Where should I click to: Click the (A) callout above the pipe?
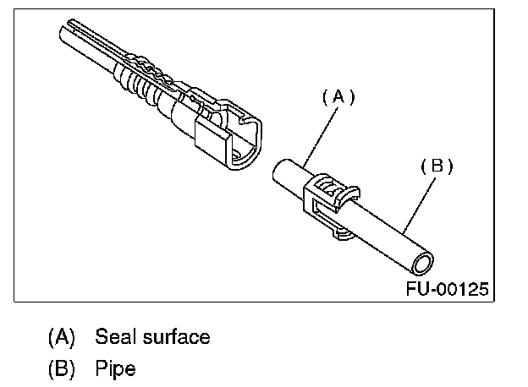[338, 97]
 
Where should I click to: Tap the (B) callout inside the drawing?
[437, 166]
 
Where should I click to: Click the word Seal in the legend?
[115, 337]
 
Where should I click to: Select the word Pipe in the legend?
[115, 369]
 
